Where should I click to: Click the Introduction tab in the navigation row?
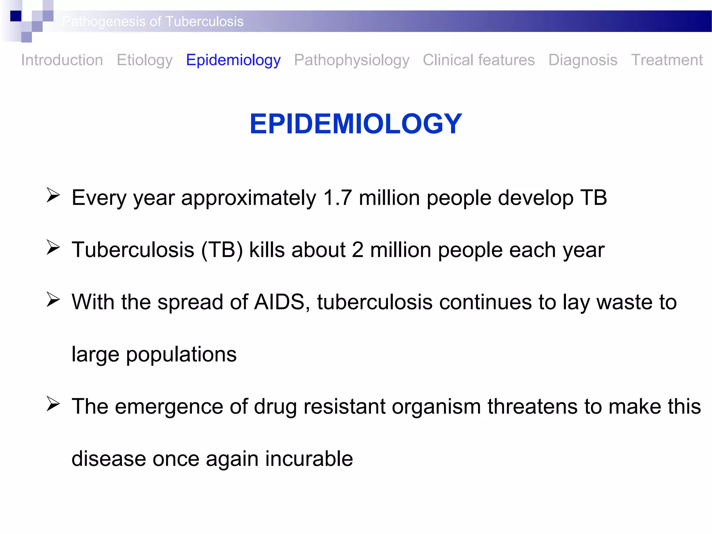[x=62, y=60]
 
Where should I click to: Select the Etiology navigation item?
[x=145, y=60]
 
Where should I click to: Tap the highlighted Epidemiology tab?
[x=233, y=60]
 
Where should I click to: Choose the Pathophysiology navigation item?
[x=351, y=60]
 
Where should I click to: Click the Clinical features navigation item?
[x=479, y=60]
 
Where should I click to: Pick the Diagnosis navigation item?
[x=583, y=60]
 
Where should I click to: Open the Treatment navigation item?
[x=667, y=60]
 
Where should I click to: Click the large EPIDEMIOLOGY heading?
[x=356, y=124]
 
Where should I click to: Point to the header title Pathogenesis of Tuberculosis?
[x=153, y=22]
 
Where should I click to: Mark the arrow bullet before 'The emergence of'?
[x=53, y=404]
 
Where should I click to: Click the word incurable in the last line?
[x=309, y=459]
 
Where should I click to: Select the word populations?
[x=181, y=355]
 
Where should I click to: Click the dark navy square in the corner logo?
[x=16, y=16]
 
